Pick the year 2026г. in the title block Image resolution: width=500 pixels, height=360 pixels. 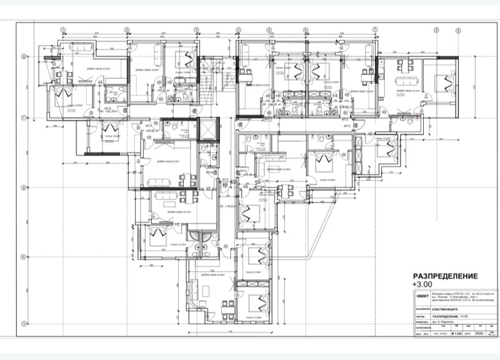tap(480, 333)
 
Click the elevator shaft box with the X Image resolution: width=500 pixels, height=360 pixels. tap(208, 128)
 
